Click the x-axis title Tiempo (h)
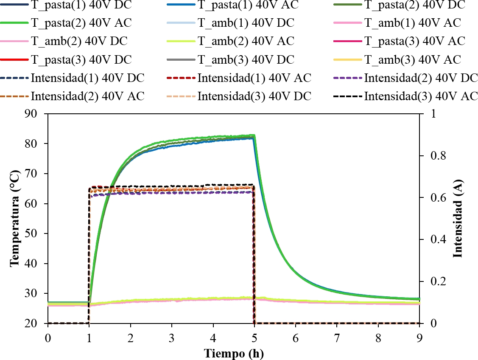[234, 354]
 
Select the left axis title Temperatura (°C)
[15, 219]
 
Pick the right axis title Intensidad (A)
[457, 219]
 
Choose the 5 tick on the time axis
[254, 336]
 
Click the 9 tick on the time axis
[419, 336]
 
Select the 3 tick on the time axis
[172, 336]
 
